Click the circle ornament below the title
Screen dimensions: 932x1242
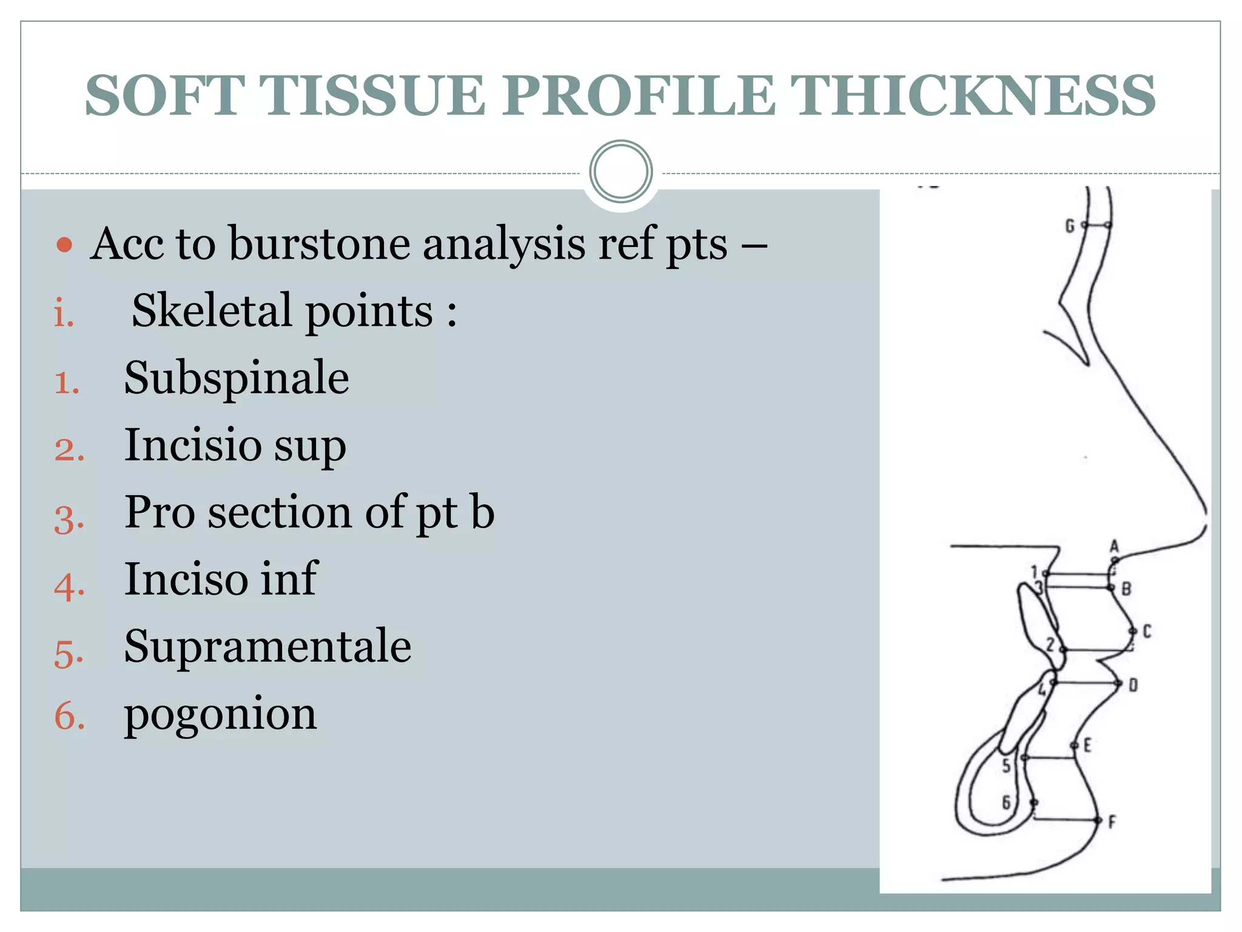point(620,172)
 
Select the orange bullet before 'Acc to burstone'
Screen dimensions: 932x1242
point(64,245)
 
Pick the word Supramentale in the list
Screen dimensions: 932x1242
point(267,646)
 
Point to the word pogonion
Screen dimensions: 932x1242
point(220,715)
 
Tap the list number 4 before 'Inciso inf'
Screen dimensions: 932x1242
point(69,586)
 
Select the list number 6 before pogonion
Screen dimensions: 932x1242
point(69,716)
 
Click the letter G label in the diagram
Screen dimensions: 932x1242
point(1070,226)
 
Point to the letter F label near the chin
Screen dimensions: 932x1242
point(1112,823)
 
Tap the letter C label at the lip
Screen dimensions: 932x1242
point(1147,632)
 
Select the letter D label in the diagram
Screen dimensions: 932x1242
point(1133,686)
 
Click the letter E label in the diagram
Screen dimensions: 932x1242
point(1087,745)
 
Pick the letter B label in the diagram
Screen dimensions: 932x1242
point(1126,589)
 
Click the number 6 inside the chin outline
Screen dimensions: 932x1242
point(1006,803)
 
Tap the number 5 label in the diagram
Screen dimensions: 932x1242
point(1007,766)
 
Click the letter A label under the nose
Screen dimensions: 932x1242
point(1114,545)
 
